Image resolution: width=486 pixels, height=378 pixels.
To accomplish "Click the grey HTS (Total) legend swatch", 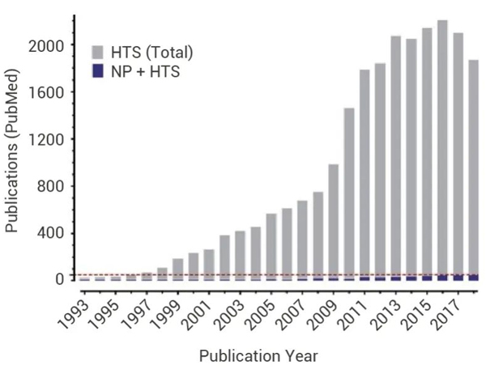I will (99, 53).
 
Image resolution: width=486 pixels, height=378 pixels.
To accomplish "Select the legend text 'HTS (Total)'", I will (151, 53).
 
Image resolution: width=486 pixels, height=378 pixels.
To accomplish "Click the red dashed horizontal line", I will (243, 274).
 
